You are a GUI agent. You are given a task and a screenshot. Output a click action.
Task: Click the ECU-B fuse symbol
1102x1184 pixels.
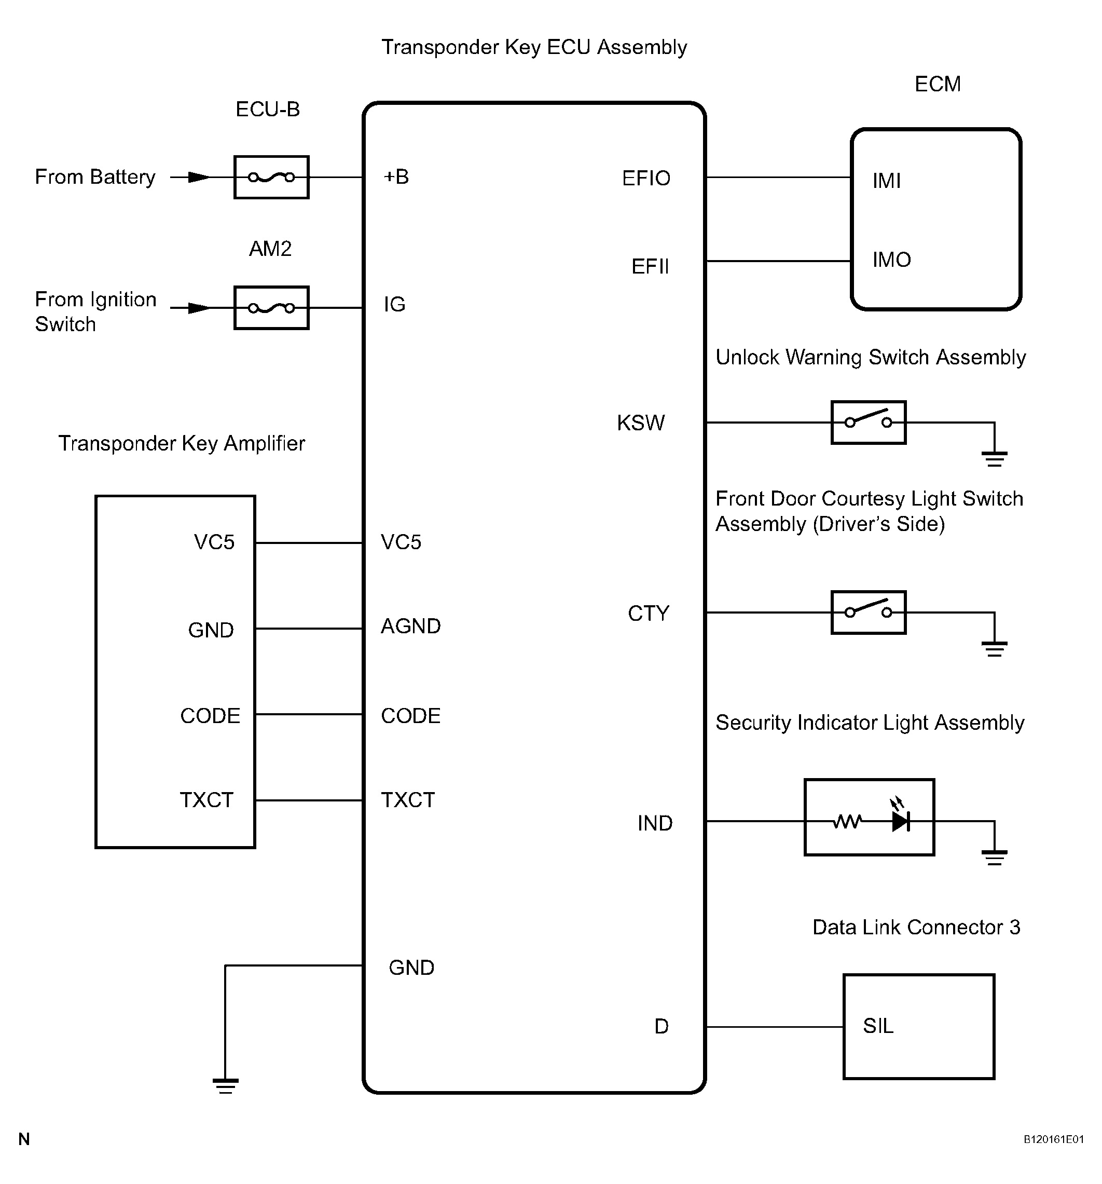271,177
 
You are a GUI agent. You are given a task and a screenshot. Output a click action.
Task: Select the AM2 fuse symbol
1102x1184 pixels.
271,307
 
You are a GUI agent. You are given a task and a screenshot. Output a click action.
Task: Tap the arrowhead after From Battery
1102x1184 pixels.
199,177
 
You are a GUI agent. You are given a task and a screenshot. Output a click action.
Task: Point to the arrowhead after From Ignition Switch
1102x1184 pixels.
199,307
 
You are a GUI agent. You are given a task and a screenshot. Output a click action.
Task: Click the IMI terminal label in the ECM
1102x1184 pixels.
887,181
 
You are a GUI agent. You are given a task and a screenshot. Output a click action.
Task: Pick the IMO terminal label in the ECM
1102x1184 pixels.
891,260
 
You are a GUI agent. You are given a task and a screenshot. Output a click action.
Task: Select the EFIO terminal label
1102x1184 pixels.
646,178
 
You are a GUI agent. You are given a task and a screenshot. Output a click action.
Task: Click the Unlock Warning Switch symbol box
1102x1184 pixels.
868,422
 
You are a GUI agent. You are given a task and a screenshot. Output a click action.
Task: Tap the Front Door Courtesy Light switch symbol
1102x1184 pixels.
868,613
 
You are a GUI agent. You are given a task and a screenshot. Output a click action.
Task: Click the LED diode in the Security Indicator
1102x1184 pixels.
900,821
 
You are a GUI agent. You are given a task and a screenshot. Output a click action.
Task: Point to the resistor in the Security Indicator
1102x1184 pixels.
847,821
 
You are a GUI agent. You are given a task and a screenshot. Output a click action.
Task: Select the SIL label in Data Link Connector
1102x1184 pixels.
878,1026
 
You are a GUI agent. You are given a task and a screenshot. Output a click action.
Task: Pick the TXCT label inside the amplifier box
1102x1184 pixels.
206,800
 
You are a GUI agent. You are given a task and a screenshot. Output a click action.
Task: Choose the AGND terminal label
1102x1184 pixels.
411,626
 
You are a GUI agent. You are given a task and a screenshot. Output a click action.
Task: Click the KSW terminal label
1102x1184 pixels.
641,423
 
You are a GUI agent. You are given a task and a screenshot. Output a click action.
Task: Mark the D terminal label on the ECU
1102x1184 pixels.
662,1026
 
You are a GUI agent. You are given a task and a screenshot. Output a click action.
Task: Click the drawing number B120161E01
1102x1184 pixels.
1053,1139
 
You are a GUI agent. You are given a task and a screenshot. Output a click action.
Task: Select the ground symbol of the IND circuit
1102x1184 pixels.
994,858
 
